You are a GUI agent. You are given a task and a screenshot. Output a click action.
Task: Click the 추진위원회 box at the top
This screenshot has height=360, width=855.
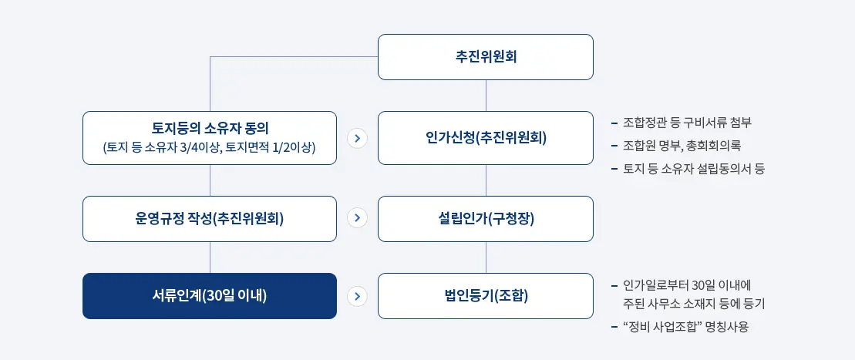486,57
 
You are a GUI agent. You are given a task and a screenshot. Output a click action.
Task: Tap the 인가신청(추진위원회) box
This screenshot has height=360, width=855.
486,138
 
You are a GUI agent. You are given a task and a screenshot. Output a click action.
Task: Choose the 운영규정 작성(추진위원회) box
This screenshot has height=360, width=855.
210,219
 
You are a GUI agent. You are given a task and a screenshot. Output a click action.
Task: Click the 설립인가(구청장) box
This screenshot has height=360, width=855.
486,219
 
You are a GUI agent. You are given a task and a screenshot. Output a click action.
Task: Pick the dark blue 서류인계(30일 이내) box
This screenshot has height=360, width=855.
210,296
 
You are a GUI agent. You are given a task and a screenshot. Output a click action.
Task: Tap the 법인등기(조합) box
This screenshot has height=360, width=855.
486,296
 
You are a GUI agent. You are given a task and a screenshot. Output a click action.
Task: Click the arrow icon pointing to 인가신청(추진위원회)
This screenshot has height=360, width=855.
357,139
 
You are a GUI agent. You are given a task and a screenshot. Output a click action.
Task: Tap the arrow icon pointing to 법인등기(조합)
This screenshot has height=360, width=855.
357,296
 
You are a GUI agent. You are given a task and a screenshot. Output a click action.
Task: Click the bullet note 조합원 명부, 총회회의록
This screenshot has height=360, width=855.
682,145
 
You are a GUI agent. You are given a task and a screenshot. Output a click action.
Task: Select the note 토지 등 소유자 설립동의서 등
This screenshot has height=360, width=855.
693,167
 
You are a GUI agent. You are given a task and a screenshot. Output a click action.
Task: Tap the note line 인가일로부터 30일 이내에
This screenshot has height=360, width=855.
686,284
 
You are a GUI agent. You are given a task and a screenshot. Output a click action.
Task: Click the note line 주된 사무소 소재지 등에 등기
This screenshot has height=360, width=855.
693,304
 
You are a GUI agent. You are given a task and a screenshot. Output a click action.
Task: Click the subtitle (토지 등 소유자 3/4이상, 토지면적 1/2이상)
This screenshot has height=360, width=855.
210,148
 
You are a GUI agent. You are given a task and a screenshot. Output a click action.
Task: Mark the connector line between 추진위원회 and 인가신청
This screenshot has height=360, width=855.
486,96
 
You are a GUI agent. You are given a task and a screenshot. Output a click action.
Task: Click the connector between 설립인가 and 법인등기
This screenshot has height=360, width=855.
486,257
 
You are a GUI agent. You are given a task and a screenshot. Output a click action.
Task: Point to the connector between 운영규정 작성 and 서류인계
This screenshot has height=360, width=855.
210,257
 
